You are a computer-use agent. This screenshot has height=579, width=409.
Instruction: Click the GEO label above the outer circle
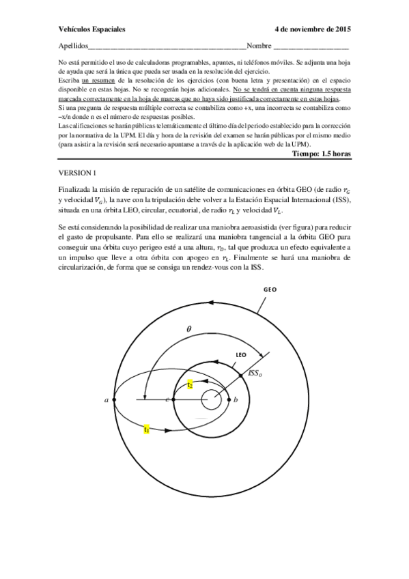[x=270, y=289]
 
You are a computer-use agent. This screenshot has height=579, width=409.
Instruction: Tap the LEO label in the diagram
[x=240, y=355]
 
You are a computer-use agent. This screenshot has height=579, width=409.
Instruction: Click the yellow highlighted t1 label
[x=147, y=429]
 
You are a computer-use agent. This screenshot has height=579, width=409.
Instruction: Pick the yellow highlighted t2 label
[x=191, y=385]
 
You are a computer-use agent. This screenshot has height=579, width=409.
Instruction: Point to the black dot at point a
[x=114, y=399]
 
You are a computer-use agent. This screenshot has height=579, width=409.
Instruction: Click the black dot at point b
[x=229, y=399]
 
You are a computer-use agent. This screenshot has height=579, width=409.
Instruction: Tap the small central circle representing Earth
[x=210, y=399]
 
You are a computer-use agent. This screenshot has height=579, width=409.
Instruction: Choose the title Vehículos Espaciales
[x=89, y=31]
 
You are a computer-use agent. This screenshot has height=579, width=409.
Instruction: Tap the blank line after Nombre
[x=311, y=48]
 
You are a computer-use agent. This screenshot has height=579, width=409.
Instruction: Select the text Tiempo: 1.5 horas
[x=321, y=154]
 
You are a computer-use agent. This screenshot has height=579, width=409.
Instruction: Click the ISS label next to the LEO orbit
[x=254, y=373]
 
